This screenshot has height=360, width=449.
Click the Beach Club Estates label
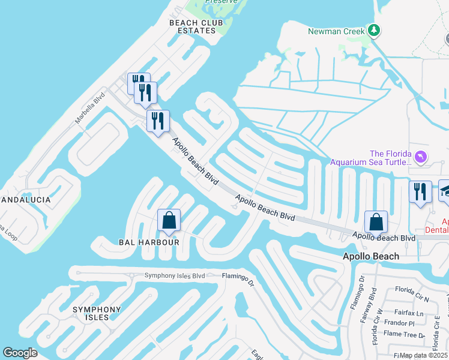(x=191, y=26)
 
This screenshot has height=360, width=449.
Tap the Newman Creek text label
(x=336, y=31)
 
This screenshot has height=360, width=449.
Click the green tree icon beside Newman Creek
(x=374, y=30)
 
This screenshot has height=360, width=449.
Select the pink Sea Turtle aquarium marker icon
(x=421, y=157)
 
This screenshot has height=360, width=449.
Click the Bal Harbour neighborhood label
(x=149, y=242)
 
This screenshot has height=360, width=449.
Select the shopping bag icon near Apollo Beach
(x=376, y=222)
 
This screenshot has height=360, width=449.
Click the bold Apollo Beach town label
(x=370, y=256)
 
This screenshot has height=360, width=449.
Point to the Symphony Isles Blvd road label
(x=175, y=276)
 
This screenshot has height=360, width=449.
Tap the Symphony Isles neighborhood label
(x=97, y=313)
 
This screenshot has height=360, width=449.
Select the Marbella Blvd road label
(x=90, y=108)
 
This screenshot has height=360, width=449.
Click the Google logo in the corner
(x=20, y=353)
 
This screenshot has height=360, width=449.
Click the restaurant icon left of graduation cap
(x=420, y=192)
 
